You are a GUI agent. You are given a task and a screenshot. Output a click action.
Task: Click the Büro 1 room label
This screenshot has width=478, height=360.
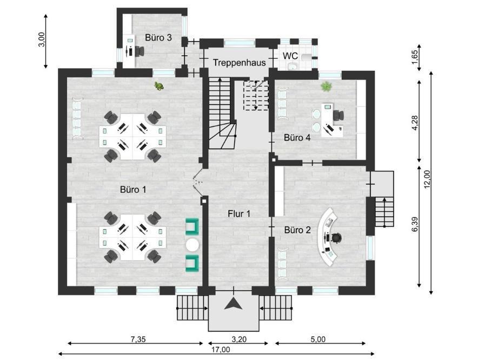coord(133,190)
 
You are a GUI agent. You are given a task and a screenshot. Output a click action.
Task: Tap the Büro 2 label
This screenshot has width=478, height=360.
coord(297,230)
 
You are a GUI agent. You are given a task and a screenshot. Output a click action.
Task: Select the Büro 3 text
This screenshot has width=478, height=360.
coord(158,37)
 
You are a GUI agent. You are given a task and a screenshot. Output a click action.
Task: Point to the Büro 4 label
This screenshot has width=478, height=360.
coord(297,137)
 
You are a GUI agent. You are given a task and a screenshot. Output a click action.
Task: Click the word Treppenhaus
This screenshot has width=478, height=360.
coord(240,63)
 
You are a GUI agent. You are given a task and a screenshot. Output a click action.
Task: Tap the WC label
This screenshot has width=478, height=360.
coord(290,56)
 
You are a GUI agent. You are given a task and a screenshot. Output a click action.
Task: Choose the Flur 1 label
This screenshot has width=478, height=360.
coord(239,214)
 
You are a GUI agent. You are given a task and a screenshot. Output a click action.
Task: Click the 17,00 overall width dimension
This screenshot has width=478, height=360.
coord(221,349)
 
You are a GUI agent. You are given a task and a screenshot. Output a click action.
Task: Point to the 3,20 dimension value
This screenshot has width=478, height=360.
coord(239,339)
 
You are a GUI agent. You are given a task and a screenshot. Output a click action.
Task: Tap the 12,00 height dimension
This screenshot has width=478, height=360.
coord(427,179)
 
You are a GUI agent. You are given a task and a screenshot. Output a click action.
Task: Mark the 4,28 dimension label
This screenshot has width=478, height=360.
coord(415,123)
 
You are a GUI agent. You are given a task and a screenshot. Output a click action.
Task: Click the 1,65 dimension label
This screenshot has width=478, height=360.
coord(415,57)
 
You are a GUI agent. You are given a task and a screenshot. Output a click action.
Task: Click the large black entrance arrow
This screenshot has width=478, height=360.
coord(233,304)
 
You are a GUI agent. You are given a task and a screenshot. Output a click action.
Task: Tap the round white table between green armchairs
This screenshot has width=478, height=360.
coord(192,244)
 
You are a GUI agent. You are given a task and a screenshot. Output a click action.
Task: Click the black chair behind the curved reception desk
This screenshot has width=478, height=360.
coord(336,237)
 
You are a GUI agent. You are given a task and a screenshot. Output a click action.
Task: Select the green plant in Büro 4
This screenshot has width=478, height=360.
coord(327,86)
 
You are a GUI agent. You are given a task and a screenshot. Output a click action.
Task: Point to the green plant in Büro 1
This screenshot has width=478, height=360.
coord(158,86)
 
